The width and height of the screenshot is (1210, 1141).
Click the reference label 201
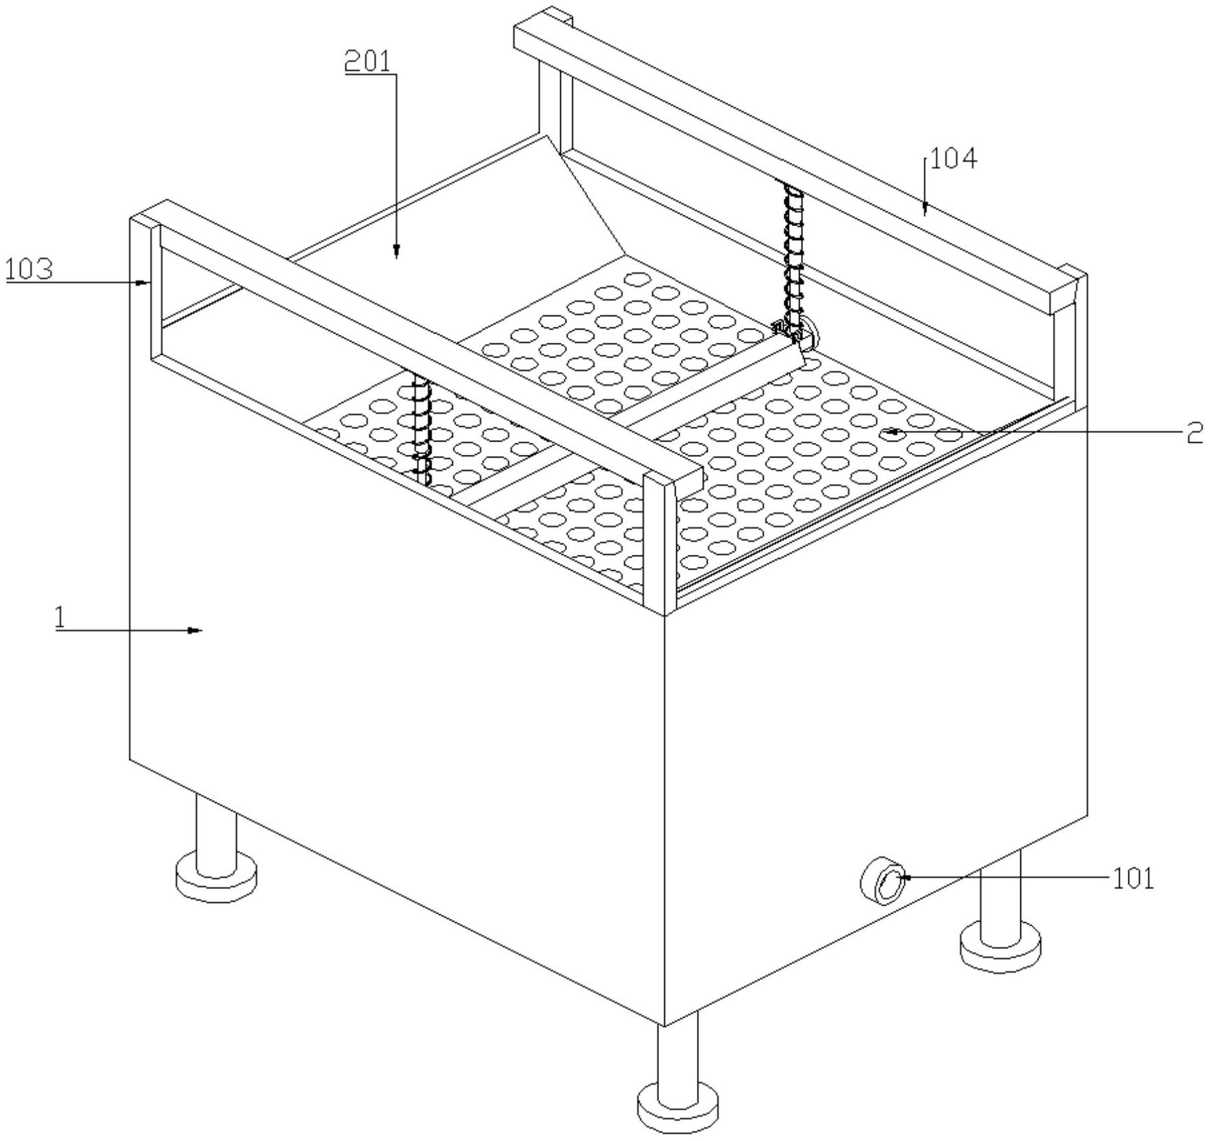coord(367,62)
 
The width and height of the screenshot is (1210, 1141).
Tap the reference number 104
coord(953,159)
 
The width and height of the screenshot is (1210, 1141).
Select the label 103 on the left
coord(29,270)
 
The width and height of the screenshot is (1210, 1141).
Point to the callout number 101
coord(1132,879)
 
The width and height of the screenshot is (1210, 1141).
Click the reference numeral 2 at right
coord(1193,434)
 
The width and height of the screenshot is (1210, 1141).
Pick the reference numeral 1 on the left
coord(60,618)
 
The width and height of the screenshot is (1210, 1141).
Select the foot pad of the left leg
coord(216,878)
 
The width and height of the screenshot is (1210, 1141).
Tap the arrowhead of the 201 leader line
coord(396,251)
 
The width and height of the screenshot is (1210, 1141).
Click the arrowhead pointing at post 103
coord(142,282)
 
